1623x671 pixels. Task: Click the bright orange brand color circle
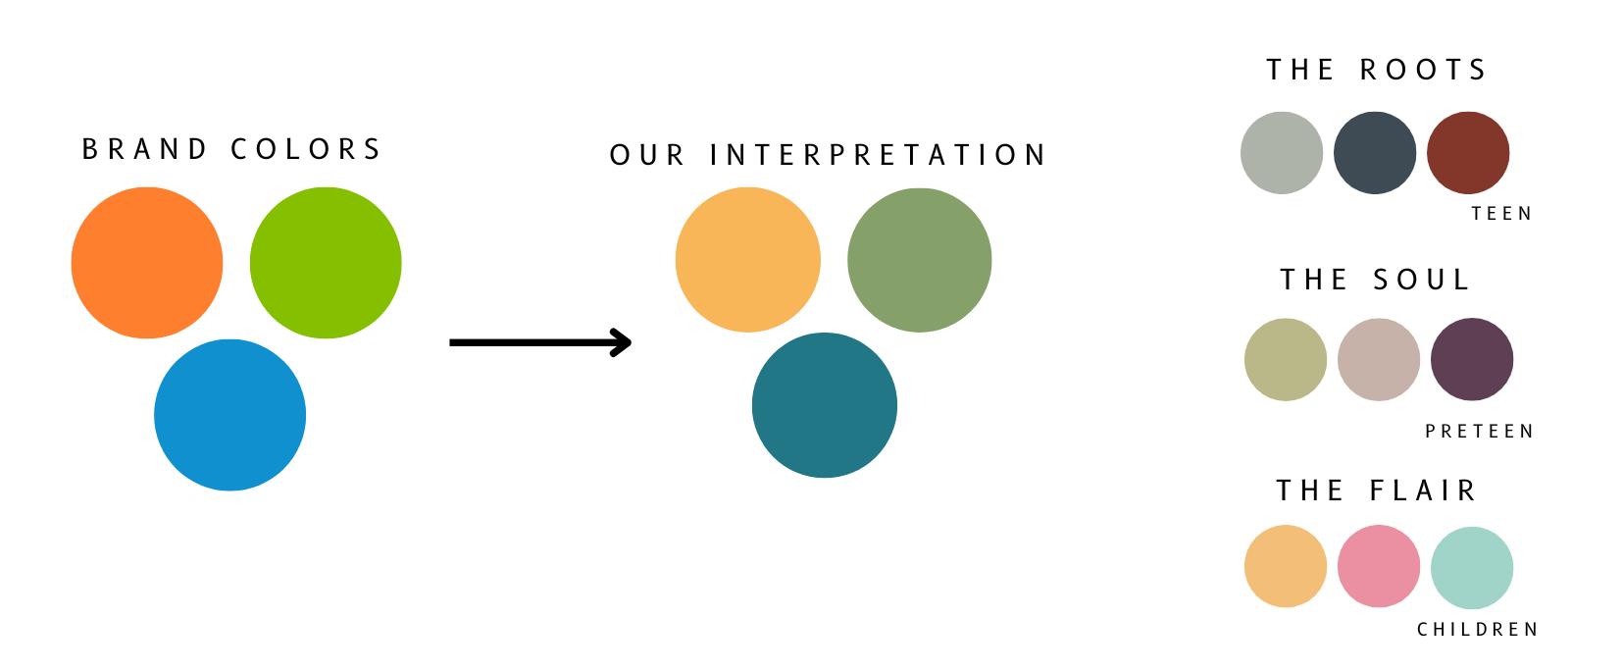[x=147, y=263]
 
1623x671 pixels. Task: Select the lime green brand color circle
[x=326, y=263]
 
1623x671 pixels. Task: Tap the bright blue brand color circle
[x=230, y=415]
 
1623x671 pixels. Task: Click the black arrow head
[x=622, y=342]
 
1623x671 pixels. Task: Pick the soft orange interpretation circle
[x=747, y=260]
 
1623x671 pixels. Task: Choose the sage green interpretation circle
[x=919, y=260]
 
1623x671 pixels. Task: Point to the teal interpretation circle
[x=824, y=405]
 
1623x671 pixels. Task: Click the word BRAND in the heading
[x=144, y=149]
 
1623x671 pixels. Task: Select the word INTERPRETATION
[x=879, y=155]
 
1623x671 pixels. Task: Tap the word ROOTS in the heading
[x=1424, y=70]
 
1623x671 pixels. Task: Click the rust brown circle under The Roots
[x=1468, y=153]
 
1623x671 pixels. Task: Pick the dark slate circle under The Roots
[x=1375, y=153]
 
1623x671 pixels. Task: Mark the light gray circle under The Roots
[x=1282, y=153]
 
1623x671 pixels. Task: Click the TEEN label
[x=1501, y=214]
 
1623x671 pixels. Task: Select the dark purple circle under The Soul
[x=1472, y=360]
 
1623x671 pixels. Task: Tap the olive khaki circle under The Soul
[x=1286, y=360]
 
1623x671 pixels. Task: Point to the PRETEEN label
[x=1479, y=432]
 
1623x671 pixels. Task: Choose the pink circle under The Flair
[x=1379, y=567]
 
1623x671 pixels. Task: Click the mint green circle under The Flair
[x=1472, y=567]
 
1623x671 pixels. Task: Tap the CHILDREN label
[x=1478, y=630]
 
